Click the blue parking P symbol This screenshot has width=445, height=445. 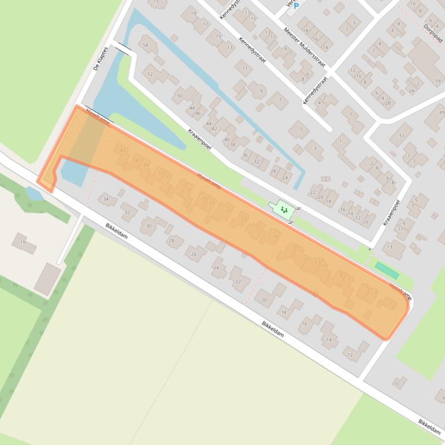pos(296,6)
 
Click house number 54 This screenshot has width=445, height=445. pos(145,44)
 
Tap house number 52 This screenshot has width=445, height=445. pos(150,74)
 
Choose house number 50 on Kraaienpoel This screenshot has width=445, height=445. pos(180,95)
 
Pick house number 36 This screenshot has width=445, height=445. pos(245,155)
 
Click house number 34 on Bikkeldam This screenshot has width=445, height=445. pos(105,199)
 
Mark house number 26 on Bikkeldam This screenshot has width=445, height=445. pos(194,254)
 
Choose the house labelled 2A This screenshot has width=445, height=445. pos(411,91)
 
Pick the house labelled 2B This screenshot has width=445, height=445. pos(388,103)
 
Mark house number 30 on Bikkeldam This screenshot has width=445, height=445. pos(149,226)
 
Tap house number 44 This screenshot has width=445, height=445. pos(208,124)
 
